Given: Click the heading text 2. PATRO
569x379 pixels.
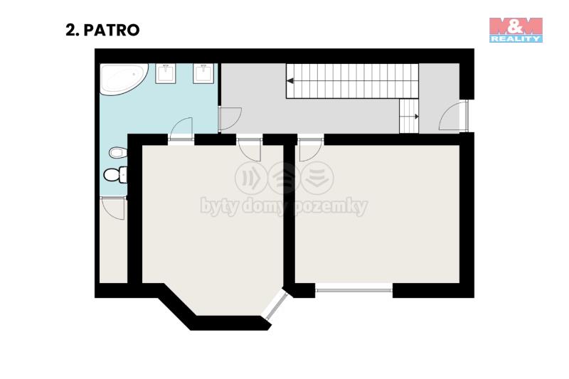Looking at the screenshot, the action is click(102, 30).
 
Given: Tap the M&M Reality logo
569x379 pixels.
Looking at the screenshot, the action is click(516, 30).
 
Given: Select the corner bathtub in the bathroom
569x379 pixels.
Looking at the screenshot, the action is click(124, 79).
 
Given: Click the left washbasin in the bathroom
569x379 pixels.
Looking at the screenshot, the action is click(166, 74).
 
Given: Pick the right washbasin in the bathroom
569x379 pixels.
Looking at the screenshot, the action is click(203, 74).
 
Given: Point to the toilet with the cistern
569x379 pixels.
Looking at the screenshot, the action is click(115, 175).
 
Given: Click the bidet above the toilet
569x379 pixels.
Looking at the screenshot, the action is click(118, 152).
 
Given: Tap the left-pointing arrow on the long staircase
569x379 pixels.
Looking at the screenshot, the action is click(290, 81).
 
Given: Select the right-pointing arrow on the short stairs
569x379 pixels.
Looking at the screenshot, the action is click(416, 117).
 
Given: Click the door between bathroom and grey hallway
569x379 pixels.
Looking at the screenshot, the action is click(229, 119).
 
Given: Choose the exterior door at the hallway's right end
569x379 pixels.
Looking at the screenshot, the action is click(454, 116).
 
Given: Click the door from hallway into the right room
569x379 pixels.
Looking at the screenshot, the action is click(311, 148).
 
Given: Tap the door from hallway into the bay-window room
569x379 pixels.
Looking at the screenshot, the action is click(250, 148).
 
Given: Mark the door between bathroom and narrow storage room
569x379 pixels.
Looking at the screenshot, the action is click(113, 208).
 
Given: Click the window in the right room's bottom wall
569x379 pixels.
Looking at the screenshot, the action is click(353, 290).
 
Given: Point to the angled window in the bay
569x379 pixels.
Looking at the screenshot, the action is click(275, 304).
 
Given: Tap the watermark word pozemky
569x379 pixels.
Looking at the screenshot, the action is click(331, 207).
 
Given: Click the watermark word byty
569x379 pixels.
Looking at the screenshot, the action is click(219, 207).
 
